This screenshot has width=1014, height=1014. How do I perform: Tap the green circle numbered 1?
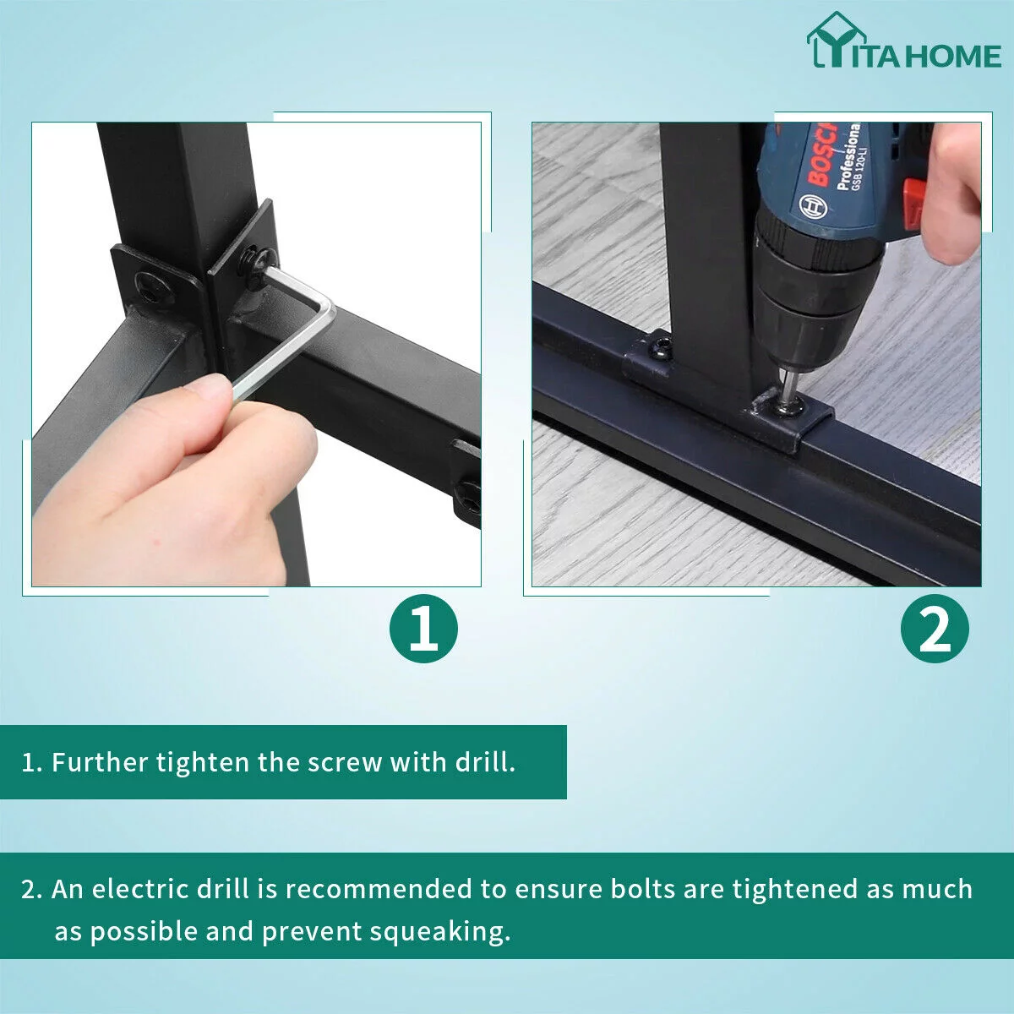(423, 629)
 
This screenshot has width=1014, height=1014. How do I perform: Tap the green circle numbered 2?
(935, 629)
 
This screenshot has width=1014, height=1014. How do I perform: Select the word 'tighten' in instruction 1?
(203, 762)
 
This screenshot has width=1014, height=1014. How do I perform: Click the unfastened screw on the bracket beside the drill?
(662, 348)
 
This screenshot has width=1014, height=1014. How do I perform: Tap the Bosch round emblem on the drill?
(814, 207)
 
